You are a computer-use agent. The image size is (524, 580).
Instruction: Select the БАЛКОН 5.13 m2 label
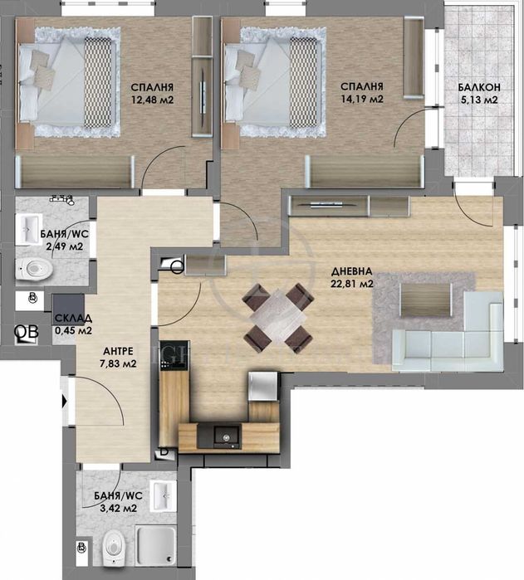pos(477,94)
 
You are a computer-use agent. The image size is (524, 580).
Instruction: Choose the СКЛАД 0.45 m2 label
pos(73,324)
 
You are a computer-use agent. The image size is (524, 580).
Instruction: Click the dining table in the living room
pos(278,317)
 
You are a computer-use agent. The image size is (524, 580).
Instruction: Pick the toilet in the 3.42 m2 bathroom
pos(111,548)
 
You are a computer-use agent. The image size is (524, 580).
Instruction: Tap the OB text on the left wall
pos(27,332)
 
